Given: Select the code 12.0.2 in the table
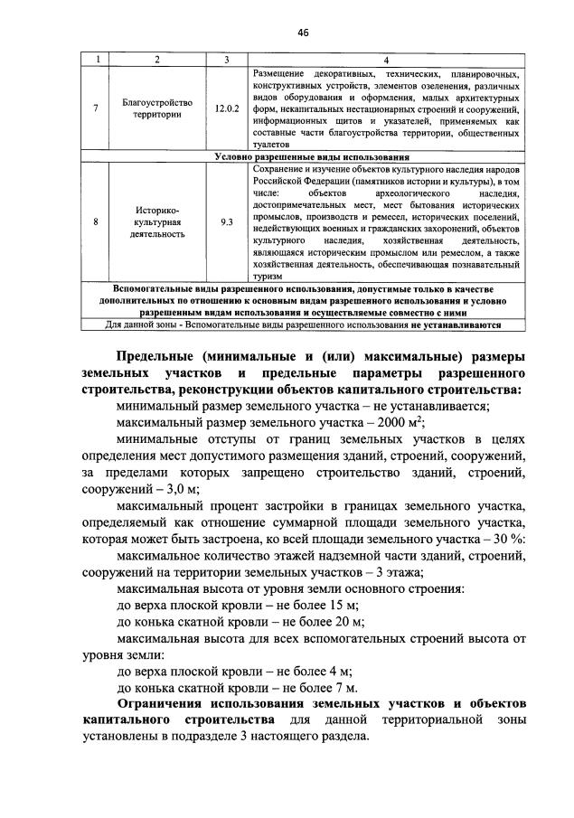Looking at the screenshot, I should click(x=226, y=108).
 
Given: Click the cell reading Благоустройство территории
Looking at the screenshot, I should click(x=157, y=108).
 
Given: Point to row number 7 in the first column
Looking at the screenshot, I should click(x=97, y=108).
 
